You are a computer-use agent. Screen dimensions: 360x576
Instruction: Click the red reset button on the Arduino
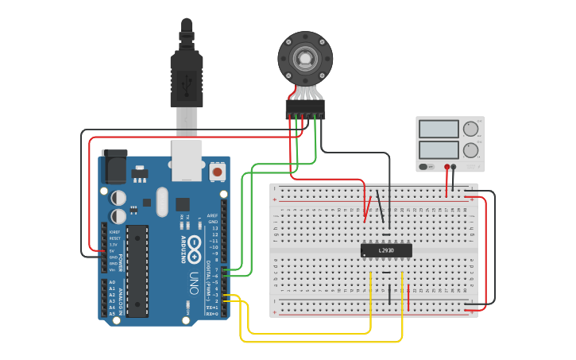click(216, 171)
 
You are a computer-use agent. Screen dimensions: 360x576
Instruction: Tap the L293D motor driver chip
click(386, 250)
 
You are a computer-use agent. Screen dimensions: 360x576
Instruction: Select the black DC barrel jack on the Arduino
click(114, 166)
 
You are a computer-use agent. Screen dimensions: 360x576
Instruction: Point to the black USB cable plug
click(187, 79)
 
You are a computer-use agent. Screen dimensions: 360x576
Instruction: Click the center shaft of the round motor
click(305, 59)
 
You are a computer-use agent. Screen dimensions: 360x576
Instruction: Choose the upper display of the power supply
click(439, 129)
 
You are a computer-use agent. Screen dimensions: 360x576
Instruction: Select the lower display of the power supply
click(439, 149)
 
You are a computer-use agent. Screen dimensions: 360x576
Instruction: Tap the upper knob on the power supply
click(471, 129)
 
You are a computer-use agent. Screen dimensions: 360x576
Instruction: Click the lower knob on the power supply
click(471, 149)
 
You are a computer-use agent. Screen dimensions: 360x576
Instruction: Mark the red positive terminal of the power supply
click(447, 168)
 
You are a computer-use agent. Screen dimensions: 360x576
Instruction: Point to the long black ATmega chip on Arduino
click(137, 270)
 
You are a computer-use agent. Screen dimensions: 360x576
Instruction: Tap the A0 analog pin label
click(111, 282)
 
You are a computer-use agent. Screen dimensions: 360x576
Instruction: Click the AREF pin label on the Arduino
click(212, 215)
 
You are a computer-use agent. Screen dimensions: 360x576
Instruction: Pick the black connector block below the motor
click(305, 109)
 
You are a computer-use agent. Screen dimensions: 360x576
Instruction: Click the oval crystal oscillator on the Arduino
click(162, 201)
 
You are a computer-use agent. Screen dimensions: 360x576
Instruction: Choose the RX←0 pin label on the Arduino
click(212, 314)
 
